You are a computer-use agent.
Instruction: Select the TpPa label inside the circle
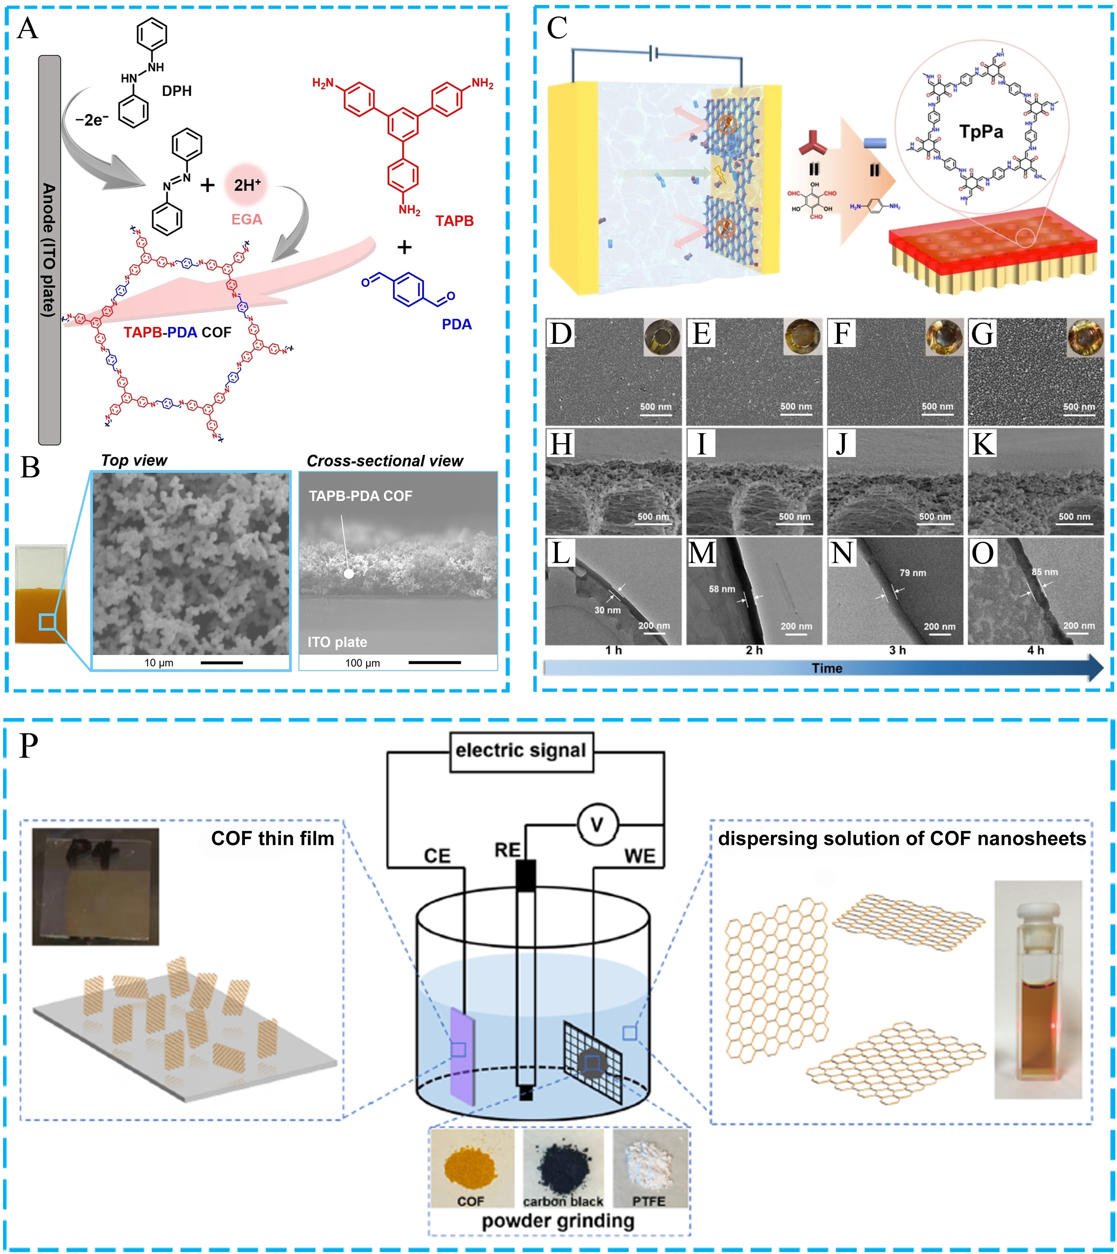(x=981, y=131)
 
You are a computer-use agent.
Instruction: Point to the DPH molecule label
(x=177, y=91)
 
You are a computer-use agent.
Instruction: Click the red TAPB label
(x=454, y=221)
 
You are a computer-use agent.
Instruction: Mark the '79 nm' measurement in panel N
(x=913, y=573)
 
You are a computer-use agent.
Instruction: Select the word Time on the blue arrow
(x=827, y=668)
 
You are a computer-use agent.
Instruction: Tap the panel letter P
(x=29, y=746)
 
